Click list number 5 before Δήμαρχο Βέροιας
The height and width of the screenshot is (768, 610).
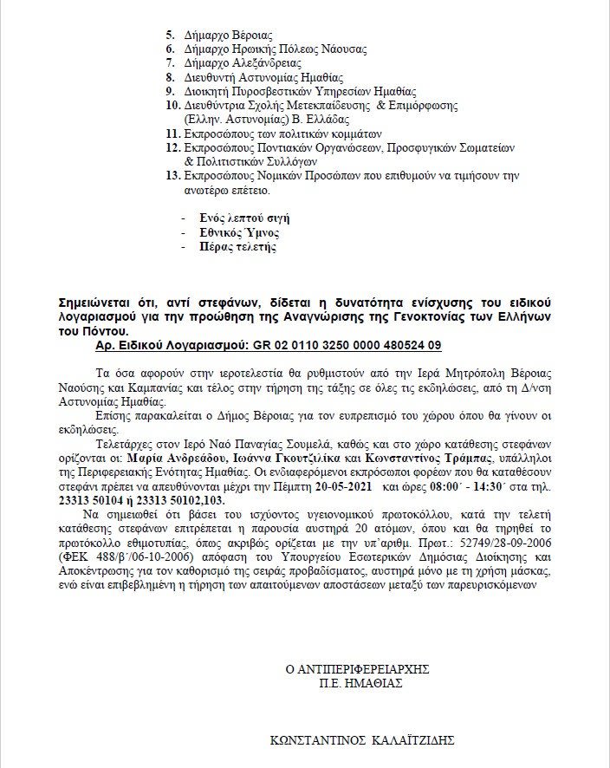[169, 36]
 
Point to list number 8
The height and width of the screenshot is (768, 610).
[169, 77]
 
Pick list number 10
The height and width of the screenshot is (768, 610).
[172, 105]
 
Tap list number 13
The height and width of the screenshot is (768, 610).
[172, 176]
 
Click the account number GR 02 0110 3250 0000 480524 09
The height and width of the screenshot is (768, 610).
[347, 344]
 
